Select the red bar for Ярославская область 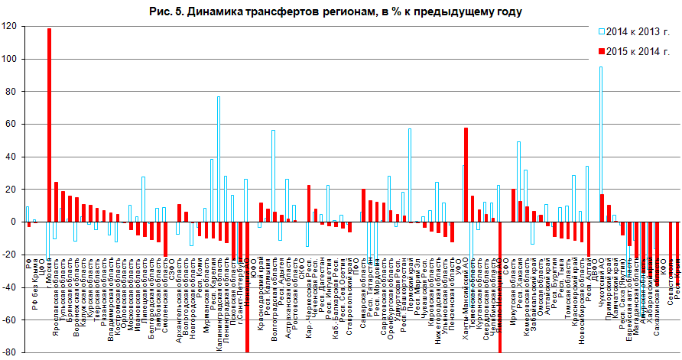pos(57,202)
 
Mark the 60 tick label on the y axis pos(11,124)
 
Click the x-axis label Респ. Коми pos(200,248)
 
